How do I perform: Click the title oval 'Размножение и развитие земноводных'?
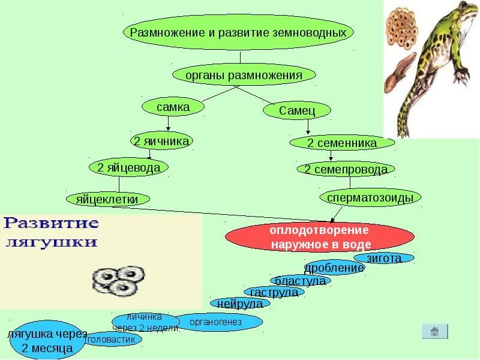pyautogui.click(x=238, y=32)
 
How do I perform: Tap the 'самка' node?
pyautogui.click(x=173, y=107)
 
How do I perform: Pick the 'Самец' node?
pyautogui.click(x=296, y=110)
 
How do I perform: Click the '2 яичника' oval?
pyautogui.click(x=161, y=141)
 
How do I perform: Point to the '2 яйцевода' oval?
pyautogui.click(x=128, y=167)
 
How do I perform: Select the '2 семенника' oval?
pyautogui.click(x=342, y=143)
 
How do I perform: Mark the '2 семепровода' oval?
pyautogui.click(x=346, y=170)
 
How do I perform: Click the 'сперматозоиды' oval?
pyautogui.click(x=371, y=197)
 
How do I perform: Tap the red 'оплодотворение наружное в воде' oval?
pyautogui.click(x=320, y=238)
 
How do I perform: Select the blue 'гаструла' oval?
pyautogui.click(x=274, y=293)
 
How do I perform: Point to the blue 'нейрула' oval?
pyautogui.click(x=240, y=304)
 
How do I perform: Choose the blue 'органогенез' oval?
pyautogui.click(x=215, y=322)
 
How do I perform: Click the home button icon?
pyautogui.click(x=434, y=331)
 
